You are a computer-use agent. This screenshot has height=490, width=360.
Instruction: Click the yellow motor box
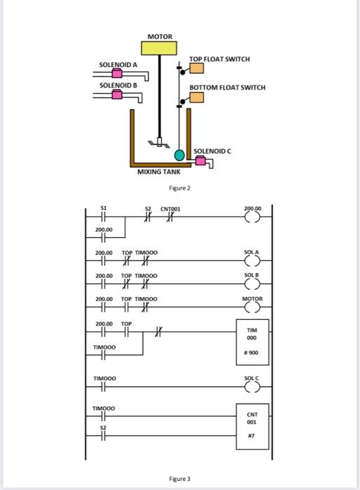(x=159, y=48)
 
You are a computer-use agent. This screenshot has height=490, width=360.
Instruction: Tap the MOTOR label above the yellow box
(x=159, y=36)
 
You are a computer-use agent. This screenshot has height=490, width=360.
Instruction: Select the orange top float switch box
(x=196, y=68)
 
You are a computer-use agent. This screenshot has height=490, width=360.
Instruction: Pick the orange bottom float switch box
(x=196, y=97)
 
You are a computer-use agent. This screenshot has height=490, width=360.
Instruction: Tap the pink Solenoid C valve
(x=202, y=161)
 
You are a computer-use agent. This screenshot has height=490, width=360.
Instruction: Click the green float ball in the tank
(x=180, y=155)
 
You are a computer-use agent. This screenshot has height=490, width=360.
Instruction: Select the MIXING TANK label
(x=158, y=171)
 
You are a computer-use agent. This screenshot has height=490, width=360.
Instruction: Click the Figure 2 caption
(x=180, y=188)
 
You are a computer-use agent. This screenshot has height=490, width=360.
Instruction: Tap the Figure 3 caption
(x=180, y=479)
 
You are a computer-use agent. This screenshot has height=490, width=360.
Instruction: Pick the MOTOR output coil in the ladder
(x=252, y=307)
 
